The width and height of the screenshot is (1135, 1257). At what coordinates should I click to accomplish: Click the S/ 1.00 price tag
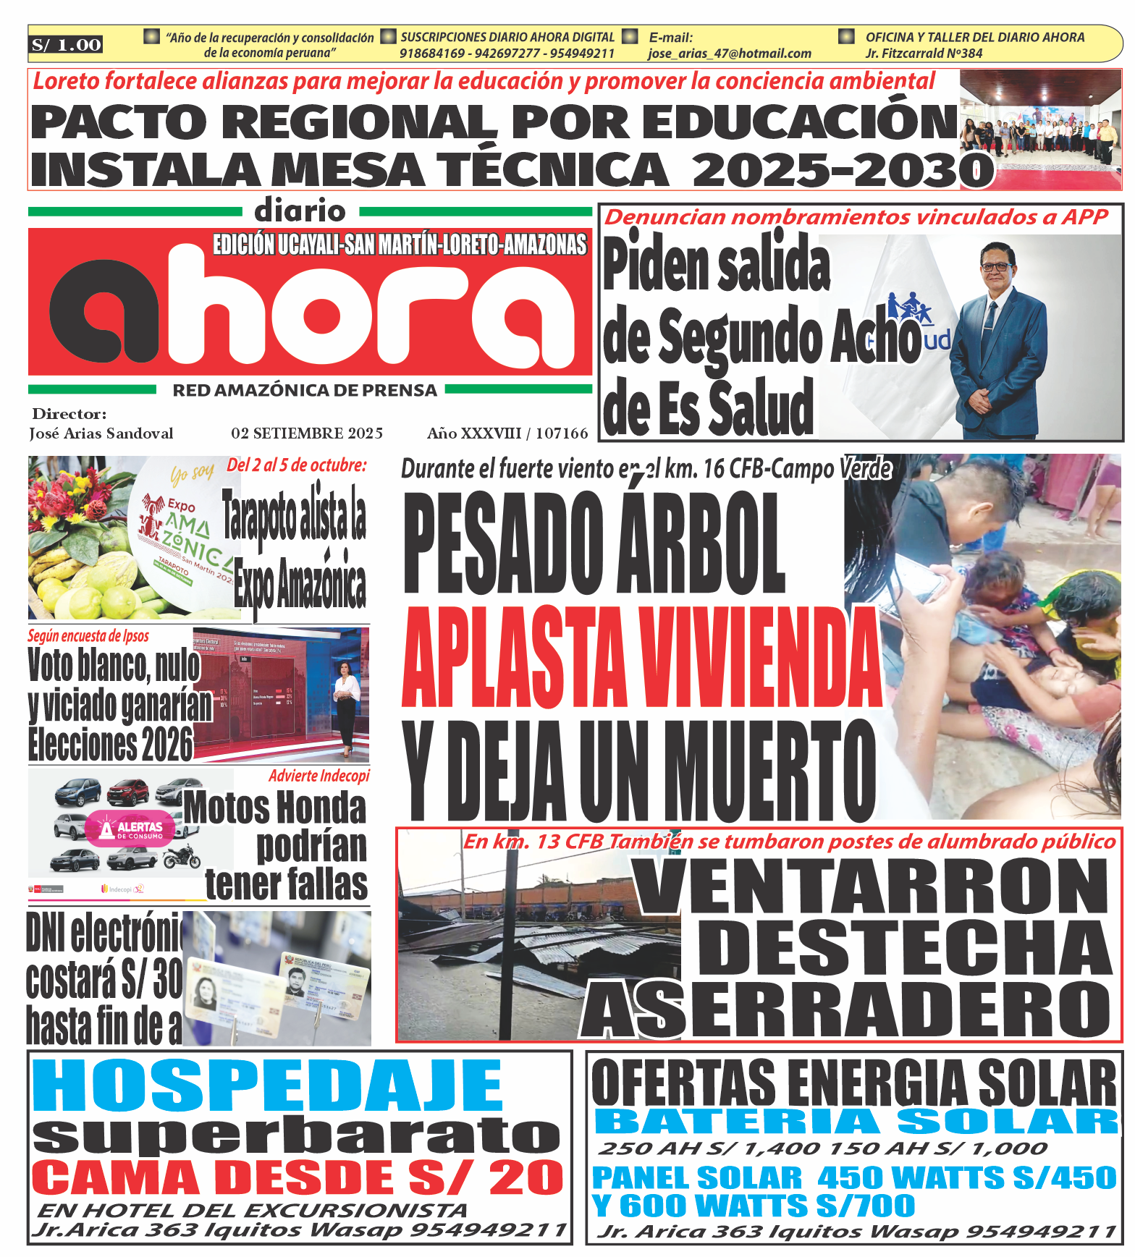[x=66, y=45]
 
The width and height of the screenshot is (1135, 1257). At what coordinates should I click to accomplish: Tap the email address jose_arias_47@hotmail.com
[x=729, y=54]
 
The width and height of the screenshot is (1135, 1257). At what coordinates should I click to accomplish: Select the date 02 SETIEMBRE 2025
[x=307, y=433]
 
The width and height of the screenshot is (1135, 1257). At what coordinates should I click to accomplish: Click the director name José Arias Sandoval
[x=101, y=433]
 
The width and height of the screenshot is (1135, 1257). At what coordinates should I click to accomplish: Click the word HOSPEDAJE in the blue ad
[x=268, y=1085]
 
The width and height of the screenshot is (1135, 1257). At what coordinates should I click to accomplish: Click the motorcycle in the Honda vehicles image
[x=182, y=857]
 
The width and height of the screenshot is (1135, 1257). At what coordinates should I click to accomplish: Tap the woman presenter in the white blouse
[x=346, y=706]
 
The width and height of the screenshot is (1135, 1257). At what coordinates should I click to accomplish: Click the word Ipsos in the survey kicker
[x=135, y=636]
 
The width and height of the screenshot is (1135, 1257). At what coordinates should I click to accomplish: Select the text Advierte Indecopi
[x=318, y=776]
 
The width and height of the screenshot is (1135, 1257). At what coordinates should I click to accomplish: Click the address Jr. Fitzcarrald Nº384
[x=924, y=54]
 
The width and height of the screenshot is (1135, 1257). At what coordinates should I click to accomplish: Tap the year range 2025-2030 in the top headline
[x=843, y=170]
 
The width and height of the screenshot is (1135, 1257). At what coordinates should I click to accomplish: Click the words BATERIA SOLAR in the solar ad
[x=856, y=1122]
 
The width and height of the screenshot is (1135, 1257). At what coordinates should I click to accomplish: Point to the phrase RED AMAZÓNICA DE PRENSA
[x=305, y=391]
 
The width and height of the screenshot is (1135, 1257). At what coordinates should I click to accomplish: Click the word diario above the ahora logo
[x=300, y=211]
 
